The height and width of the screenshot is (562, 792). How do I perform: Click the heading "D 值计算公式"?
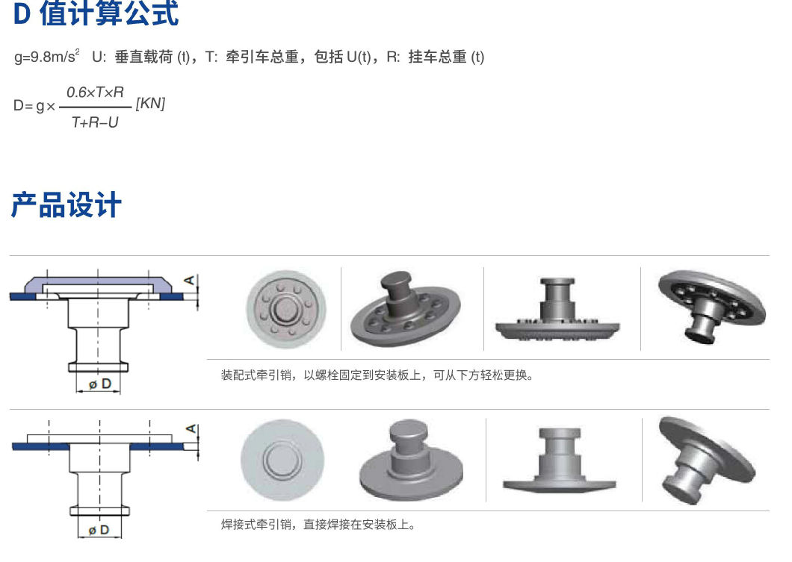click(96, 13)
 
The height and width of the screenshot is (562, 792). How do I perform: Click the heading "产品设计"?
click(66, 204)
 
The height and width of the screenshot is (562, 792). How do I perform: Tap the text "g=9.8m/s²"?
click(46, 57)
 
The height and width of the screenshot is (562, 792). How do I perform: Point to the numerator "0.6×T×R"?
click(95, 93)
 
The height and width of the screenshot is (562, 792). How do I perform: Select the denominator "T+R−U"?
click(95, 122)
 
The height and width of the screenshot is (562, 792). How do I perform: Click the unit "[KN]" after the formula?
click(150, 104)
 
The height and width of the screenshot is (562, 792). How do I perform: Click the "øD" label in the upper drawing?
click(99, 384)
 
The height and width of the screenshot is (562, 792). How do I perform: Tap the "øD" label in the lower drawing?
click(99, 530)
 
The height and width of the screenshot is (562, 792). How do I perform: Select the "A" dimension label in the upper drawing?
click(190, 279)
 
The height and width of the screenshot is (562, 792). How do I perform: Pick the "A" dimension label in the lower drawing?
click(191, 429)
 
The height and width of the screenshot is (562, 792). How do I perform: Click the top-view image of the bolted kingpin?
click(286, 309)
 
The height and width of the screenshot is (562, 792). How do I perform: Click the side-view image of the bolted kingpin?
click(557, 309)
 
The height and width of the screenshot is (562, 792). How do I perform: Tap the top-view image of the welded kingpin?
click(282, 460)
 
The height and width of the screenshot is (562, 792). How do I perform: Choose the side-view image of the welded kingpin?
click(560, 460)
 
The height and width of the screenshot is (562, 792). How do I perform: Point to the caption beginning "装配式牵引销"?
click(377, 375)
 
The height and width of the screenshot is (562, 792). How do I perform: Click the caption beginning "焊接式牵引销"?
click(318, 525)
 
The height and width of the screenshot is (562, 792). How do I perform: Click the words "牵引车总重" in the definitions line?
click(262, 57)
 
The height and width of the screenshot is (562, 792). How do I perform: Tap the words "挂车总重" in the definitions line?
click(437, 57)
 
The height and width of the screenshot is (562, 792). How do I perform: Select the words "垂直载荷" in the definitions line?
click(144, 57)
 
